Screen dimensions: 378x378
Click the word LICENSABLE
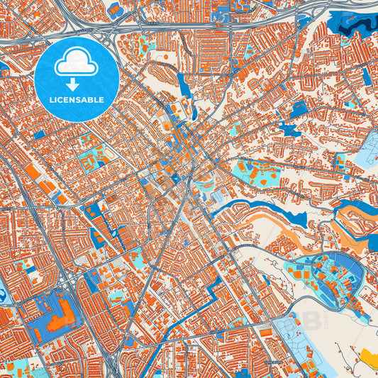[x=76, y=100]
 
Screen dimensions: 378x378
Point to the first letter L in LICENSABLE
[x=51, y=100]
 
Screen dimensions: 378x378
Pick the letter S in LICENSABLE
[x=79, y=100]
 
